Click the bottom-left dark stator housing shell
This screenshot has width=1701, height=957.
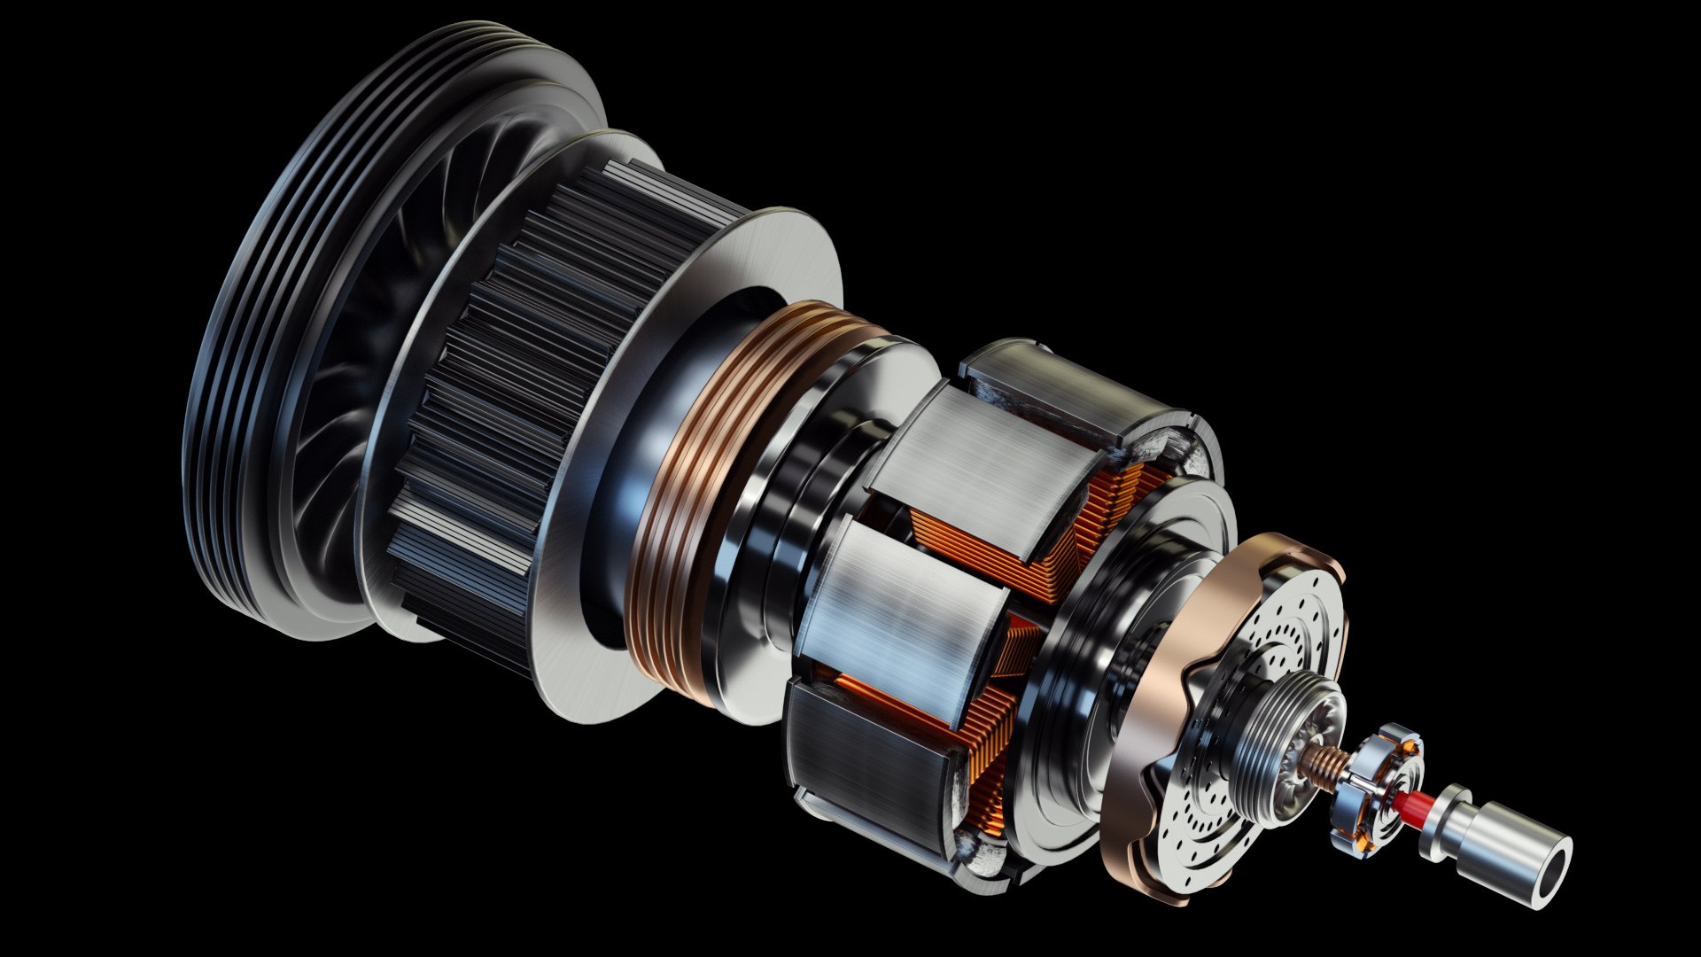[859, 762]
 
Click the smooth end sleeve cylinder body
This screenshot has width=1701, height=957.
[1506, 851]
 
